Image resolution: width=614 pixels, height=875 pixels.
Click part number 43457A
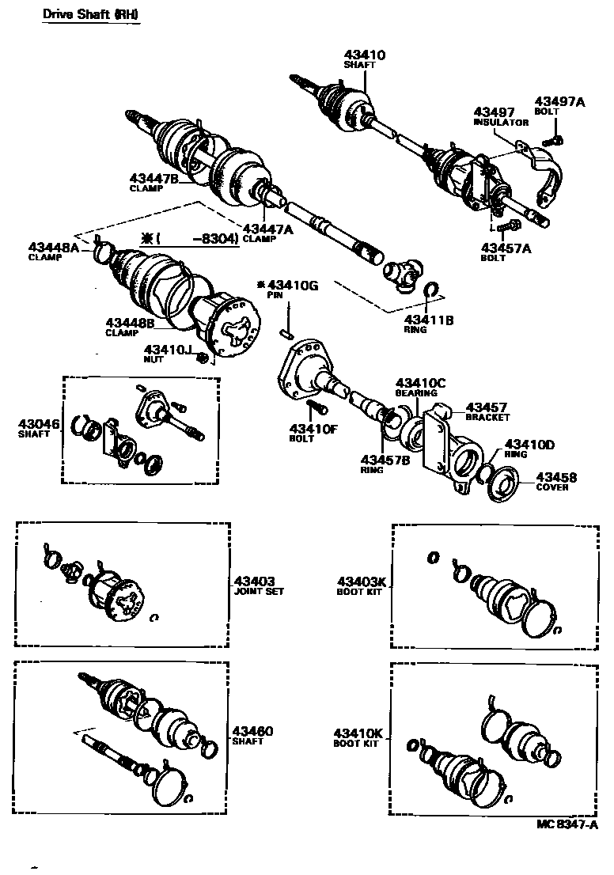tap(506, 248)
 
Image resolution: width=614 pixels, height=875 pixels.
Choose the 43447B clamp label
tap(155, 179)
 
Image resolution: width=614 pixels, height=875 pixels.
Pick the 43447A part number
tap(268, 229)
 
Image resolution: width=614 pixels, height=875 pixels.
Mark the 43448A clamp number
tap(54, 247)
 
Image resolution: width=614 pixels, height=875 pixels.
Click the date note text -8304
tap(216, 237)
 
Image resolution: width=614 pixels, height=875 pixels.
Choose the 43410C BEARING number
tap(421, 383)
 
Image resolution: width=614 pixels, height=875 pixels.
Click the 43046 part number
tap(39, 424)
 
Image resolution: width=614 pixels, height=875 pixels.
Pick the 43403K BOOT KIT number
tap(360, 580)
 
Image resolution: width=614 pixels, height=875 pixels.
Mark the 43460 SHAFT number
tap(252, 730)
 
